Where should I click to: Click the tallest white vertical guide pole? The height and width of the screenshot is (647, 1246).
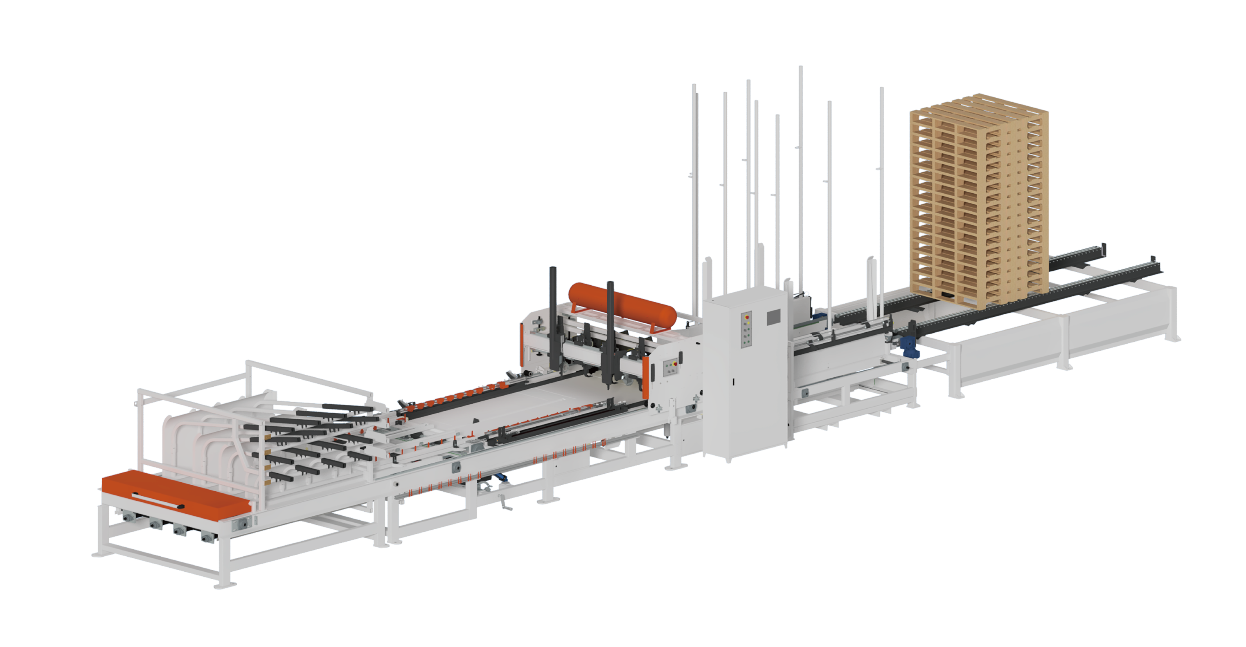click(x=800, y=169)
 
